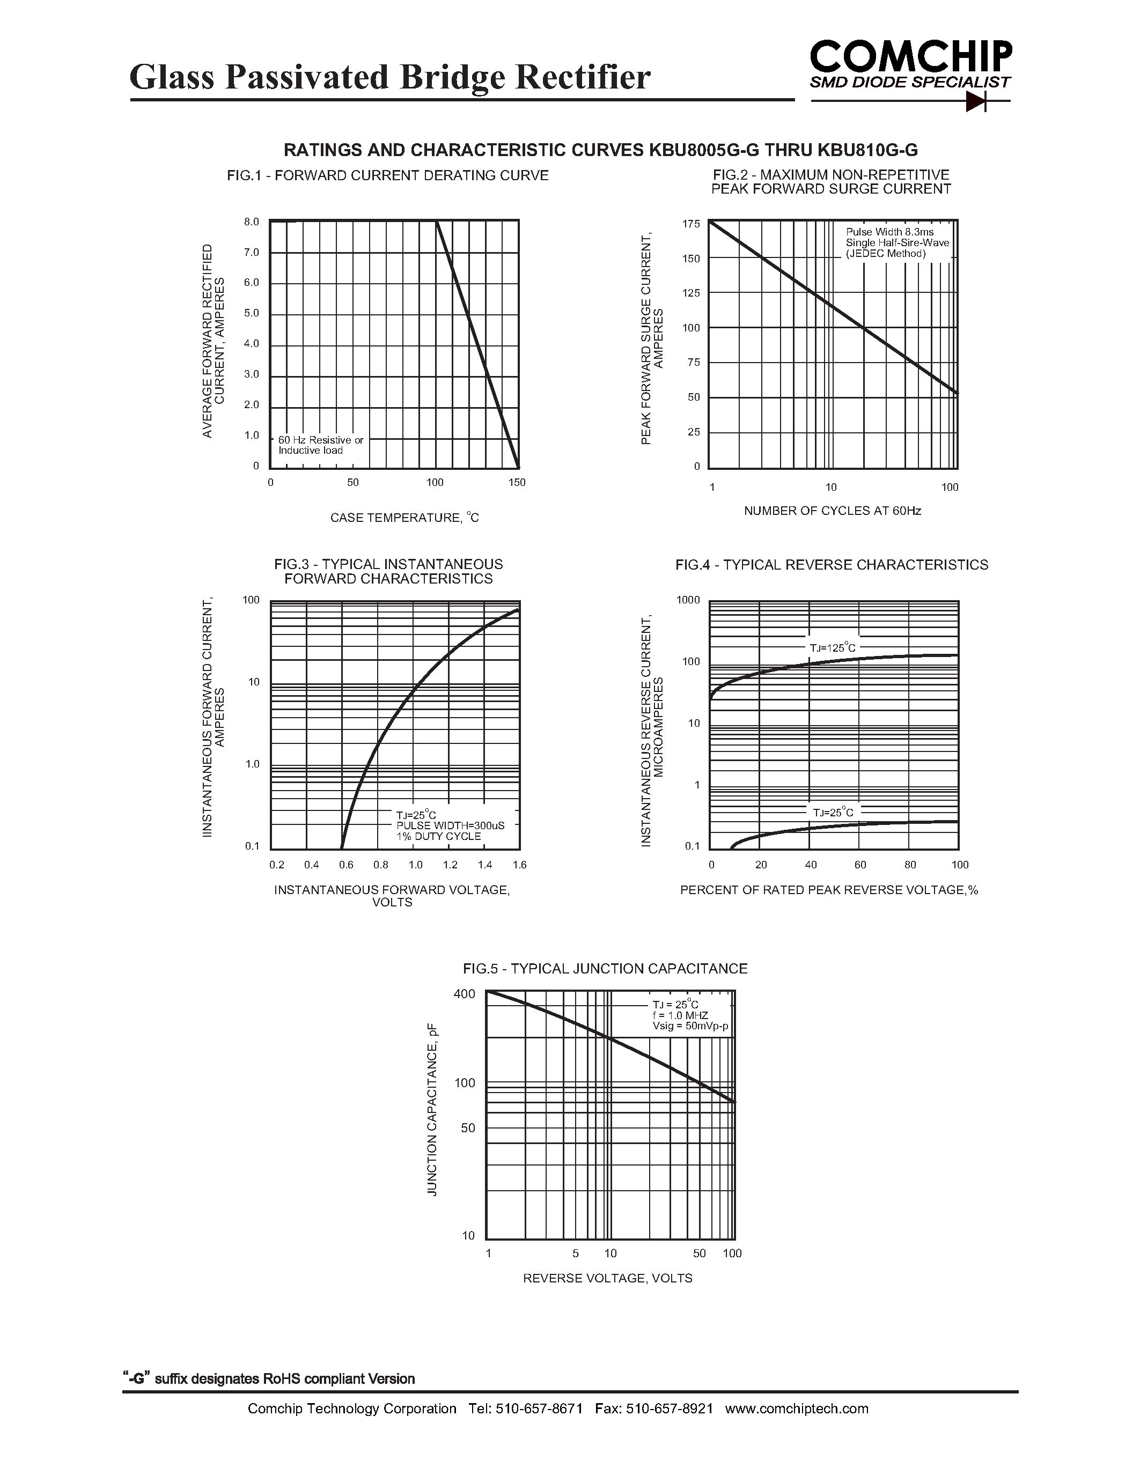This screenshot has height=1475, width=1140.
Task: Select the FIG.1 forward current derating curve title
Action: pyautogui.click(x=388, y=175)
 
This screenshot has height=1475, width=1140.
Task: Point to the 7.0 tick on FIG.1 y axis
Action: pyautogui.click(x=251, y=253)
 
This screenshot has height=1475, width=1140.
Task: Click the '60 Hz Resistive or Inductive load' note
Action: pyautogui.click(x=321, y=445)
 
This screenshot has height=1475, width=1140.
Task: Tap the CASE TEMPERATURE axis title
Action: pyautogui.click(x=404, y=518)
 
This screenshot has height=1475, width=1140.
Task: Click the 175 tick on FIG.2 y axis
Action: pyautogui.click(x=692, y=224)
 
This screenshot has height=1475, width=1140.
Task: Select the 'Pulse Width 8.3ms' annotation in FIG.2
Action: pyautogui.click(x=889, y=232)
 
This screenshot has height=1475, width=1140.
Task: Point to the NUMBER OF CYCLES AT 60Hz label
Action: pyautogui.click(x=832, y=511)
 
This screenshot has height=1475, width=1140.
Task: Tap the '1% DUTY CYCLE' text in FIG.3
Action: pyautogui.click(x=438, y=837)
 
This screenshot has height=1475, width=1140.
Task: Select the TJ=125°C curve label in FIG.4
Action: pyautogui.click(x=832, y=648)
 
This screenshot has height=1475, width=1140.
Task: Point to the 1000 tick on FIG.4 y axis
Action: pyautogui.click(x=688, y=600)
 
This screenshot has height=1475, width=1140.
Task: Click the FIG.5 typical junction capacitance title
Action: pyautogui.click(x=605, y=969)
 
